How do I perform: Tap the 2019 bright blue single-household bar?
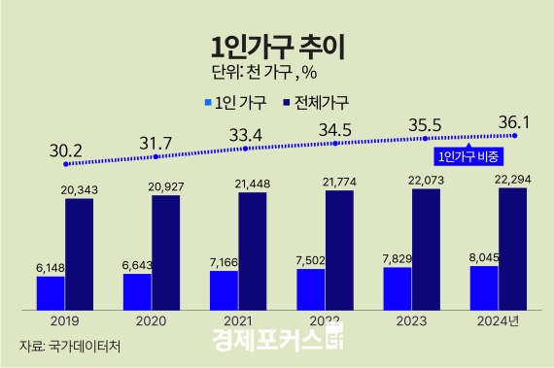tap(51, 292)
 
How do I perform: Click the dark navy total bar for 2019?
tap(80, 253)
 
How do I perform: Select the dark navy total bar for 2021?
tap(253, 251)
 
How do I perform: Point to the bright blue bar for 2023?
tap(398, 288)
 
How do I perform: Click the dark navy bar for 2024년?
tap(512, 249)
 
